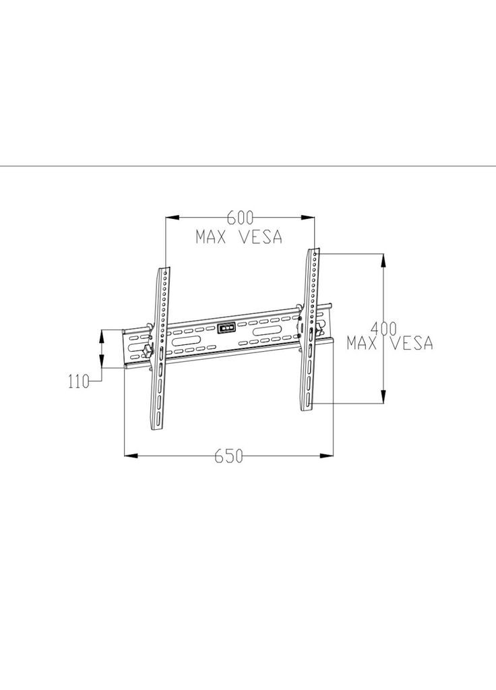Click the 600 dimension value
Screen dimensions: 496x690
tap(241, 218)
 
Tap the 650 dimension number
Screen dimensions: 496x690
tap(229, 456)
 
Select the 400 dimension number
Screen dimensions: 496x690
tap(383, 328)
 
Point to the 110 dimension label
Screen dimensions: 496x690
tap(79, 381)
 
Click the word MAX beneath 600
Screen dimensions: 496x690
tap(211, 237)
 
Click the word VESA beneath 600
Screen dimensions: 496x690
tap(261, 237)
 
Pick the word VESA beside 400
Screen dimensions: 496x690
tap(412, 343)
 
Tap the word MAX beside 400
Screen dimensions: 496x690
tap(362, 343)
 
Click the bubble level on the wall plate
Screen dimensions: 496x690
tap(226, 328)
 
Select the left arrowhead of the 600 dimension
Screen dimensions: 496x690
tap(172, 218)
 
